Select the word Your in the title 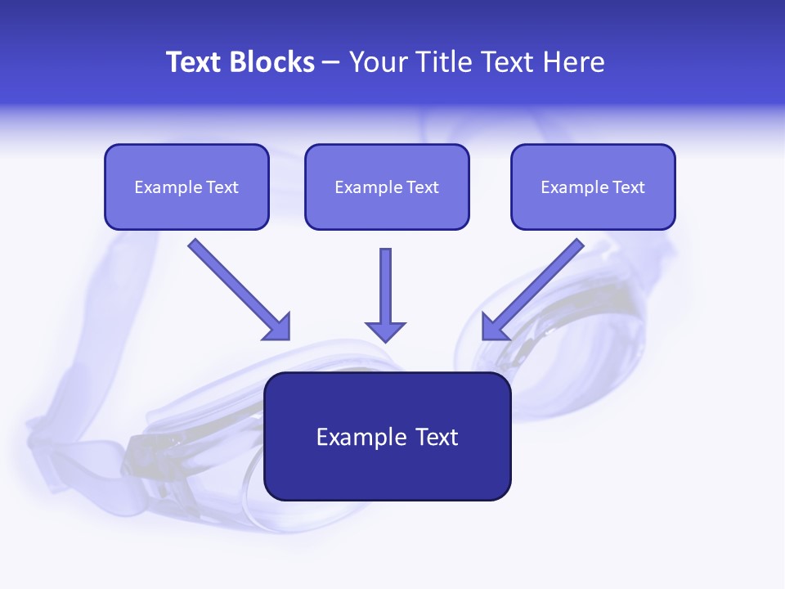377,62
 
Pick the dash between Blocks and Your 331,62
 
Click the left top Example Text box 186,187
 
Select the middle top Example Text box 387,187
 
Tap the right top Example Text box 593,187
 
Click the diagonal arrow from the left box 237,288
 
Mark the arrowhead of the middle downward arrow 385,330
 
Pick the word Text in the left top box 222,187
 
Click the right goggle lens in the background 556,344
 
